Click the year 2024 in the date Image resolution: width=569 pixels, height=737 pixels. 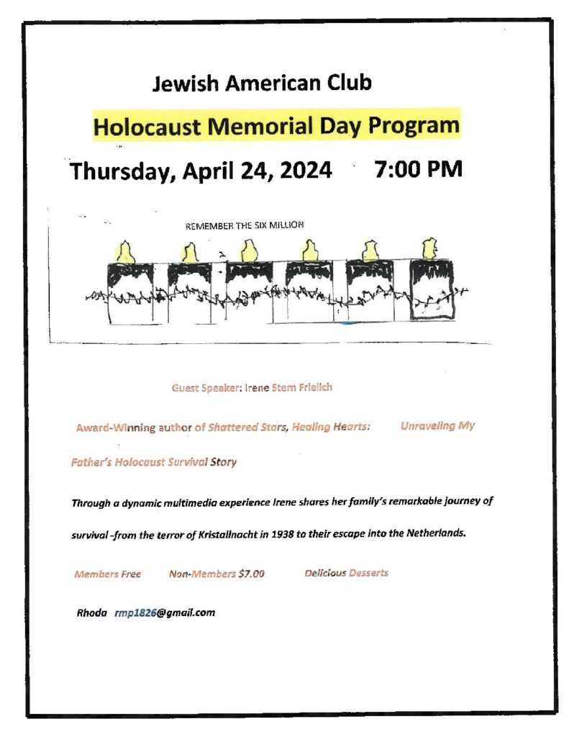pos(302,171)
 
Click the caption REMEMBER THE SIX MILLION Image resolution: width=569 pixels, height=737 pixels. pos(245,225)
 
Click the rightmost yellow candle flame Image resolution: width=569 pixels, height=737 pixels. pos(430,248)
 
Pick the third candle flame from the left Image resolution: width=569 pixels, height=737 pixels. pos(249,250)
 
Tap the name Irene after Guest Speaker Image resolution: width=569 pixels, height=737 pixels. pos(257,388)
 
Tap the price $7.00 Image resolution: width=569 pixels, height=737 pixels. pos(252,574)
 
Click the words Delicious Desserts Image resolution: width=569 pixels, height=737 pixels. pos(346,573)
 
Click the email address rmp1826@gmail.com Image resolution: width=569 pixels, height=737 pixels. pos(165,612)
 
